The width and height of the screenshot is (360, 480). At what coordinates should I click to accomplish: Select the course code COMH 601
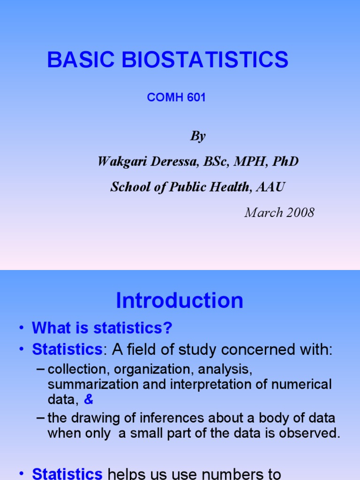(176, 98)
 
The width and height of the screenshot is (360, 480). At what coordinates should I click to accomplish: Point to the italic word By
(197, 136)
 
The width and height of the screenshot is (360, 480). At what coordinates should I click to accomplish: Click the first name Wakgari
(120, 162)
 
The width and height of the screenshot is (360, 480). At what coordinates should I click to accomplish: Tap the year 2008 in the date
(298, 212)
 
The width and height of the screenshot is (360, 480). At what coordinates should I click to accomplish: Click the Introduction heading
(180, 300)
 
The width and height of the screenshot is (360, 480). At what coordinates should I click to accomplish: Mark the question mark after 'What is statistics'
(168, 329)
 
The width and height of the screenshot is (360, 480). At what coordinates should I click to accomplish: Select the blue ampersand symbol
(89, 399)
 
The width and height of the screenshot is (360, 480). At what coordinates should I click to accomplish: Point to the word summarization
(89, 385)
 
